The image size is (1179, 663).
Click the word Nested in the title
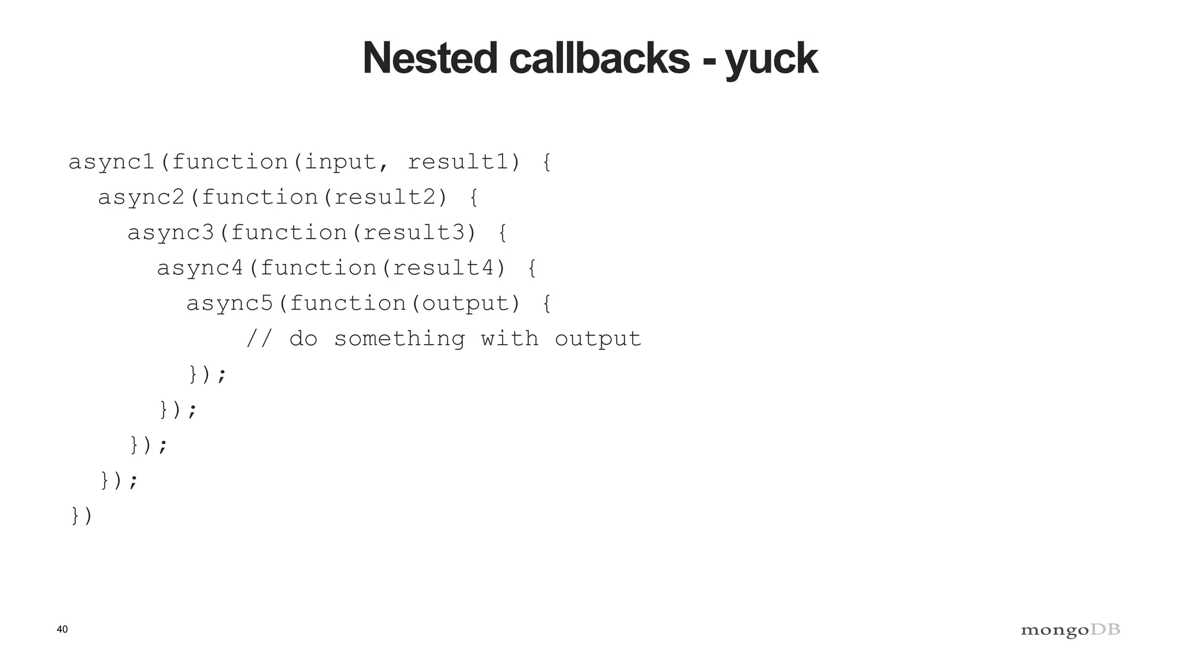(x=429, y=58)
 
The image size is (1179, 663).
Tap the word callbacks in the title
(x=599, y=58)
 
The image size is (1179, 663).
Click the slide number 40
(x=62, y=629)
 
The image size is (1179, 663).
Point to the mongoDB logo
(x=1070, y=630)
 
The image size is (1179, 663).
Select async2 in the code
(x=142, y=198)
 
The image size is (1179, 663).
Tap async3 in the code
(x=171, y=233)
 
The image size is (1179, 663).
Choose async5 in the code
(x=230, y=304)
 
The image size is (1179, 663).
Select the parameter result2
(x=385, y=198)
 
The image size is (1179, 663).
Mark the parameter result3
(x=414, y=233)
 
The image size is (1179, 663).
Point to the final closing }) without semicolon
(x=81, y=516)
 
